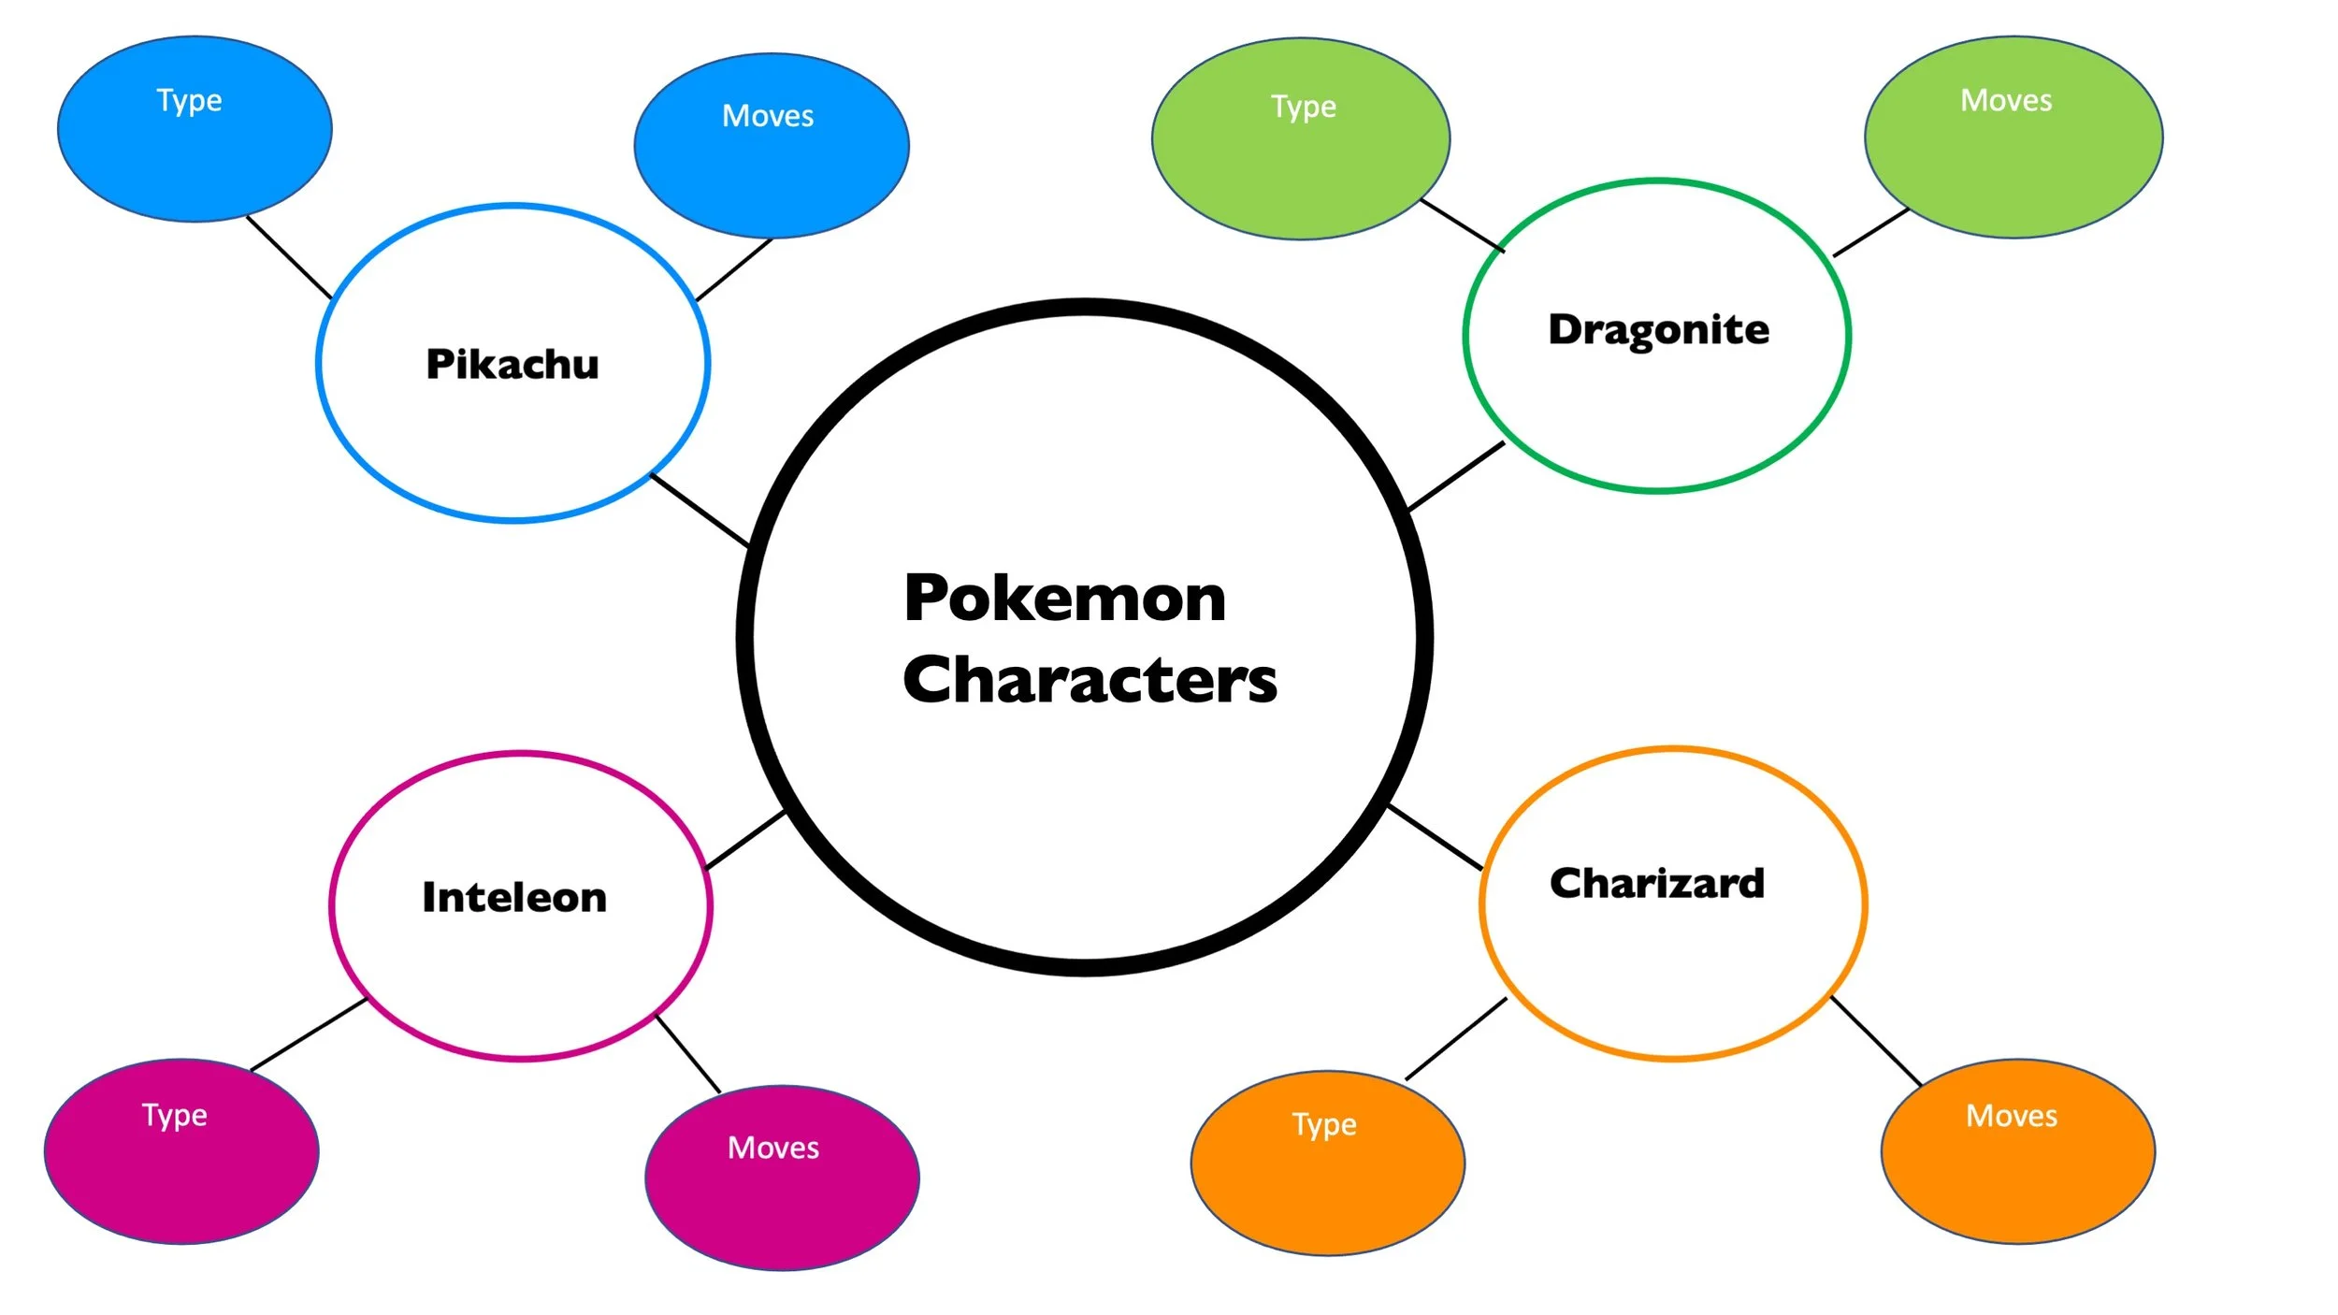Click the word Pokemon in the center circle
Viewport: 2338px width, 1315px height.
click(x=1064, y=599)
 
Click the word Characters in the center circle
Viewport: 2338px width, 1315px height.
click(x=1090, y=680)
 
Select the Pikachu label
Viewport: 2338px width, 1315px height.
click(x=512, y=364)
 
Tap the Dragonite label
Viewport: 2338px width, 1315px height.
click(x=1658, y=330)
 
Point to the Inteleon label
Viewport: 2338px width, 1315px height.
click(x=514, y=897)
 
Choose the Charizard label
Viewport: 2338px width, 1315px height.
click(x=1656, y=883)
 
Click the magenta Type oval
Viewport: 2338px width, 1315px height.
click(x=181, y=1151)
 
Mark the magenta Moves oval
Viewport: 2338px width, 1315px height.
click(x=782, y=1178)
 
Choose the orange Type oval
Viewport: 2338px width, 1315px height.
click(x=1328, y=1163)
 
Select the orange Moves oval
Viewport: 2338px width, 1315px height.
click(x=2018, y=1151)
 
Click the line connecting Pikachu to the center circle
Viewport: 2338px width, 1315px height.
click(x=700, y=510)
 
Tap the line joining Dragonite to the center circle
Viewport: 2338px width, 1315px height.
click(x=1456, y=476)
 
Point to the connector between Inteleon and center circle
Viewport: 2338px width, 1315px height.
click(x=745, y=840)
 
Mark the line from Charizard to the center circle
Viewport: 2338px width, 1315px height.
click(x=1436, y=837)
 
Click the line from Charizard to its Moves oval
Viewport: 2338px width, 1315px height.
click(x=1876, y=1041)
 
